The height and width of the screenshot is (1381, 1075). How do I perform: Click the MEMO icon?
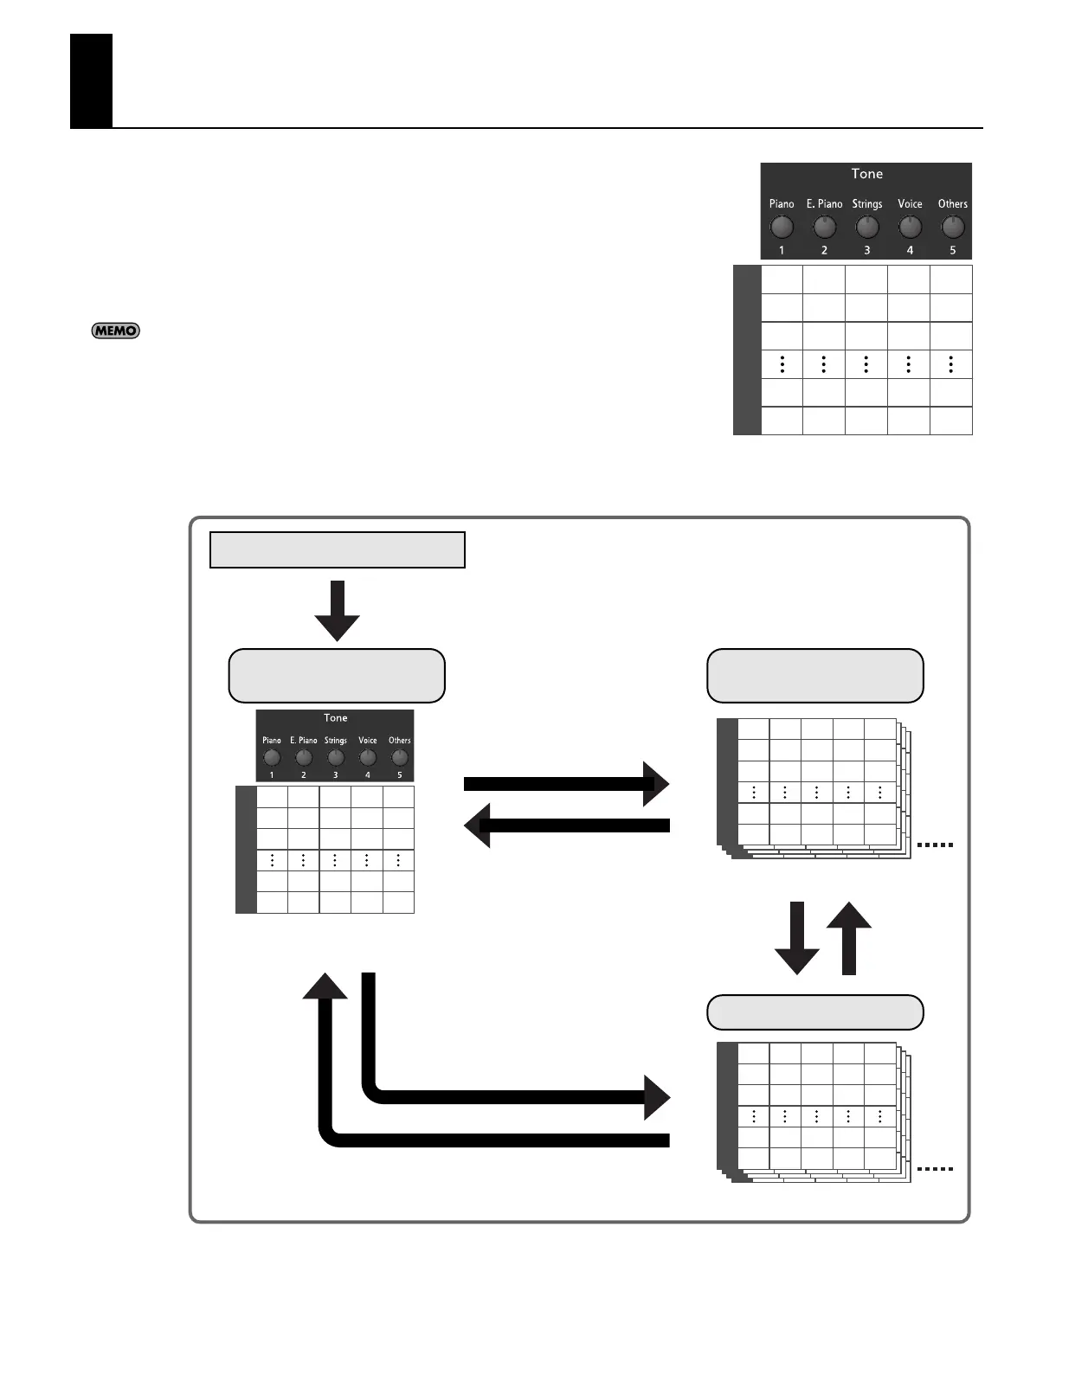(115, 331)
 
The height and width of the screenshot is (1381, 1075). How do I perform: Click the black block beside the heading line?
(91, 80)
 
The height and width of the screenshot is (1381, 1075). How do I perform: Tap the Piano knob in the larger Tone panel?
(782, 227)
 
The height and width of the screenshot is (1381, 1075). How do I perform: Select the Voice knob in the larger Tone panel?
(910, 227)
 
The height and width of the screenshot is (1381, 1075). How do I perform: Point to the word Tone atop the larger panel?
(866, 174)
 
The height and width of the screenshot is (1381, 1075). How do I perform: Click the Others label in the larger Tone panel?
(952, 204)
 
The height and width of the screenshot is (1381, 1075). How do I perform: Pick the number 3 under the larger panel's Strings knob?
(866, 250)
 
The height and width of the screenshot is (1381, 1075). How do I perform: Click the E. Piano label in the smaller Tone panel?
(303, 741)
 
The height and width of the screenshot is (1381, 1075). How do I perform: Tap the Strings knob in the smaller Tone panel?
(335, 758)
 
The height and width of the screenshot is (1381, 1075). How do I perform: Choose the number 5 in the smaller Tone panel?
(399, 774)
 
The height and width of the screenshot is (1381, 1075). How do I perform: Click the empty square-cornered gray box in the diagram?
(337, 549)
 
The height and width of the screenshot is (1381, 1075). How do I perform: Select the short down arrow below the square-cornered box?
(337, 610)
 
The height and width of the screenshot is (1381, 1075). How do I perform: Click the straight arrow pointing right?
(567, 784)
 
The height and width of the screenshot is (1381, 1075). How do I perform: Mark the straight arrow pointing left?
(567, 825)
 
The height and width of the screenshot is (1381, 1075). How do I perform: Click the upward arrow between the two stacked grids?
(849, 938)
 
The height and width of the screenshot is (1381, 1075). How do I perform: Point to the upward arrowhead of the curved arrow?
(325, 986)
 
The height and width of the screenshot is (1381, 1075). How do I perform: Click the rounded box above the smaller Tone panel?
(337, 676)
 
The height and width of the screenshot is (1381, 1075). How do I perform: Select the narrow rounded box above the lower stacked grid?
(814, 1012)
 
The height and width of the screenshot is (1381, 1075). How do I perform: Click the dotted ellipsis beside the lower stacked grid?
(935, 1169)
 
